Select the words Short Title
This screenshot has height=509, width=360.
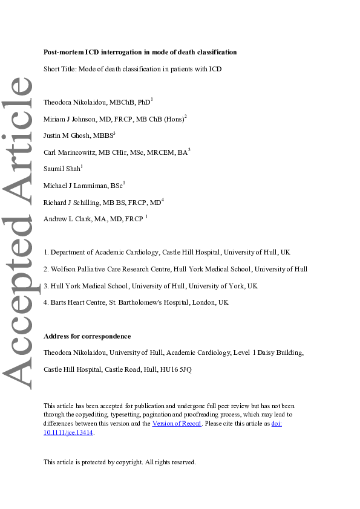pyautogui.click(x=59, y=69)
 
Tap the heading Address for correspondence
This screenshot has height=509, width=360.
pyautogui.click(x=87, y=336)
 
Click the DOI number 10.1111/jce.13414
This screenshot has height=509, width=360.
pyautogui.click(x=68, y=433)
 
